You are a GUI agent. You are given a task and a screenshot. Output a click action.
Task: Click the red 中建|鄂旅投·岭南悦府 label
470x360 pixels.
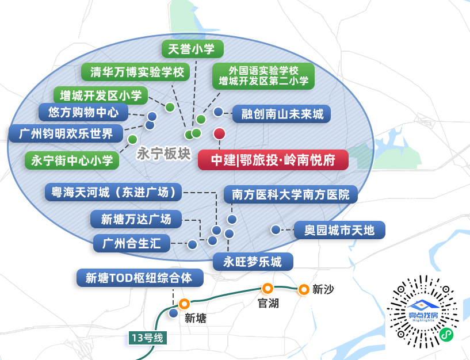(x=273, y=159)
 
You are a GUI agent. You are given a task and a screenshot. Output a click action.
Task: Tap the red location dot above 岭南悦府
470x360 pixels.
(x=219, y=134)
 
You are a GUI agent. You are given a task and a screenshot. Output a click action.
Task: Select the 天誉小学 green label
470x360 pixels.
(x=192, y=49)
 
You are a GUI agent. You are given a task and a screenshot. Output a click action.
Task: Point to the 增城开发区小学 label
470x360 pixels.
(x=100, y=94)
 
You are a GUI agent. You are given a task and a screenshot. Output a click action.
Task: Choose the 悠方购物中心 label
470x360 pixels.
(x=83, y=112)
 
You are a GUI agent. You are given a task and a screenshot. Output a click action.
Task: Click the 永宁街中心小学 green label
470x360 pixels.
(x=72, y=160)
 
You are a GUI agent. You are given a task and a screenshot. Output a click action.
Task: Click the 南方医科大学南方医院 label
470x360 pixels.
(x=290, y=194)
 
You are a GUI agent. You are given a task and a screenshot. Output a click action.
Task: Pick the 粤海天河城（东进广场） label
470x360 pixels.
(x=113, y=192)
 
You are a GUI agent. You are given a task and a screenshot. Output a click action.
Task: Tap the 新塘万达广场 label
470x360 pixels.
(x=136, y=219)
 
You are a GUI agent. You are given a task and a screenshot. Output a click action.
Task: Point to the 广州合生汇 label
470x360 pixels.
(x=132, y=243)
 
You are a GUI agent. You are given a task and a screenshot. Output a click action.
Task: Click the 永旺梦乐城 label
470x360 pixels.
(x=253, y=262)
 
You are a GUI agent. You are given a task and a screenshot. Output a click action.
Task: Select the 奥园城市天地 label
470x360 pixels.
(x=339, y=231)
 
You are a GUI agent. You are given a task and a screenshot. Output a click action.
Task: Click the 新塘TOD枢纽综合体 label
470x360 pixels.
(x=141, y=278)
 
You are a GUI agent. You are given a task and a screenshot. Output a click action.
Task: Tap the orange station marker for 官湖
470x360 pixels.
(x=267, y=289)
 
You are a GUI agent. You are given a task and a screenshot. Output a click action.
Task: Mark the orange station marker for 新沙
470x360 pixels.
(x=303, y=289)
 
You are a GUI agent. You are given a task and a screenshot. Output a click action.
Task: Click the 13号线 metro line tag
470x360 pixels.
(x=147, y=338)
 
